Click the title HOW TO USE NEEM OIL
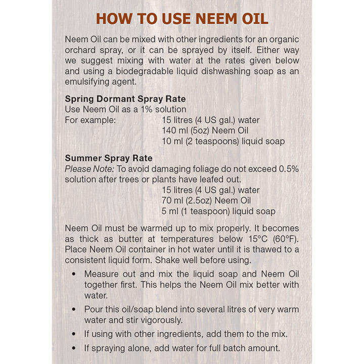[182, 19]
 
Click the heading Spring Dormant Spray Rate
[125, 99]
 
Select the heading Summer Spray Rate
[109, 158]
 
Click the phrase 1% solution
[160, 109]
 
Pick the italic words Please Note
[86, 169]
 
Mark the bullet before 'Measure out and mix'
[74, 274]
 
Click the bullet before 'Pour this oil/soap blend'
[74, 309]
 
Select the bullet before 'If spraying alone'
[74, 348]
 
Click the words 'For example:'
[90, 120]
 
